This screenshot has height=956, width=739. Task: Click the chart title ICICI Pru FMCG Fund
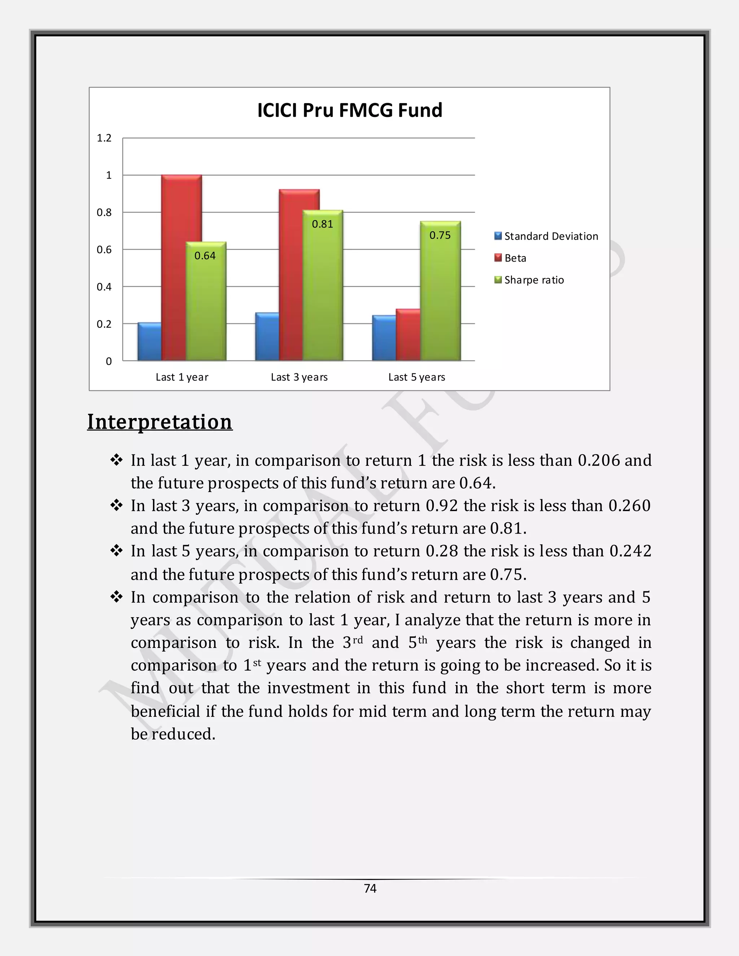[x=349, y=110]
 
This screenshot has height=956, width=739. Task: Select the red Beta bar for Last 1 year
[x=181, y=267]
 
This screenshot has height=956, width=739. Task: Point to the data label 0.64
[x=205, y=256]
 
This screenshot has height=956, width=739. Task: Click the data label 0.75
[x=440, y=236]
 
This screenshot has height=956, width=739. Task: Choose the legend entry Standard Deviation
[x=550, y=236]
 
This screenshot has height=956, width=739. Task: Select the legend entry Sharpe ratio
[x=534, y=280]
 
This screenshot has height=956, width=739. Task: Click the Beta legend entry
[x=515, y=258]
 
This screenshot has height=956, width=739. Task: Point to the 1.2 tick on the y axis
[x=104, y=138]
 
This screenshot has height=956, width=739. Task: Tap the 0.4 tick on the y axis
[x=104, y=287]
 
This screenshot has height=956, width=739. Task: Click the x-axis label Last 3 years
[x=299, y=377]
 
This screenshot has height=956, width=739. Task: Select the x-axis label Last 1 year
[x=182, y=377]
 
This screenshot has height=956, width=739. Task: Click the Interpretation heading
[x=159, y=422]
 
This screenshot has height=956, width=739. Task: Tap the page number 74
[x=370, y=888]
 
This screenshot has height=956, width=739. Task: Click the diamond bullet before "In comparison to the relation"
[x=117, y=597]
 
